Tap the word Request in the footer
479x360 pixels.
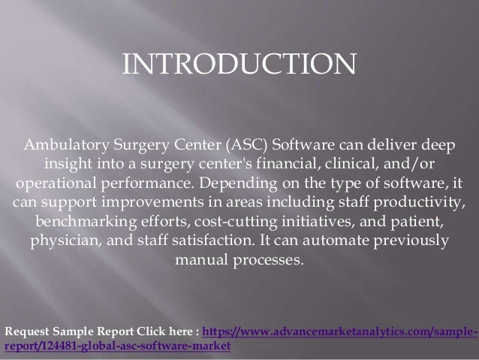pos(28,331)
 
